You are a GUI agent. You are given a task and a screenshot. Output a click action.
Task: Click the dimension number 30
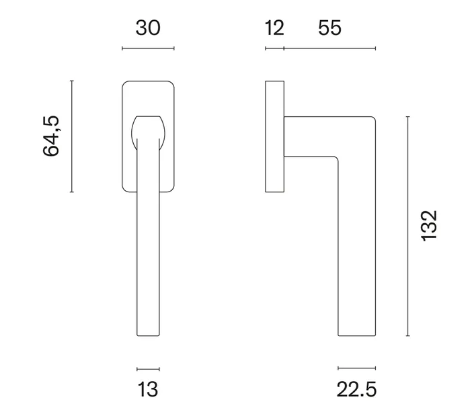point(148,28)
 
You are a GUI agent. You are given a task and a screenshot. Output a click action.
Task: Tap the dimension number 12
point(274,28)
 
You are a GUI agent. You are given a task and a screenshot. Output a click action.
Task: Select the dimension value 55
point(329,28)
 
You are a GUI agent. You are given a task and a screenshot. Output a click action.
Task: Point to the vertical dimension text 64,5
point(51,136)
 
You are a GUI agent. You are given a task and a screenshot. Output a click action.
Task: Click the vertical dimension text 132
point(430,226)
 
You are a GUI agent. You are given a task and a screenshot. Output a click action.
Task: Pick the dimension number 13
point(148,389)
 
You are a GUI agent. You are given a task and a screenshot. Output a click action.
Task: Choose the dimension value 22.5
point(356,389)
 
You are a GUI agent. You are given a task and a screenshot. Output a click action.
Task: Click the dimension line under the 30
point(148,48)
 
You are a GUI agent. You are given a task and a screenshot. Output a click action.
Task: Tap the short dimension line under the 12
point(274,48)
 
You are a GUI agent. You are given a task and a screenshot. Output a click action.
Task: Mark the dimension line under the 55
point(329,48)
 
